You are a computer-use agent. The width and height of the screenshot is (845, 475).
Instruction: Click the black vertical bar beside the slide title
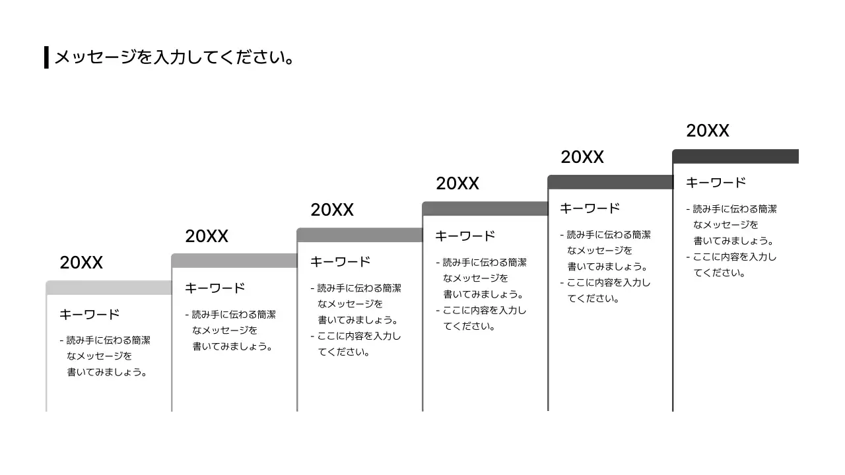(x=46, y=57)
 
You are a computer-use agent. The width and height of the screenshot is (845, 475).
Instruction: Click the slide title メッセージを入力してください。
(x=174, y=57)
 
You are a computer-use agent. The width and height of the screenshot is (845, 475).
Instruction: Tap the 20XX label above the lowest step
(x=81, y=263)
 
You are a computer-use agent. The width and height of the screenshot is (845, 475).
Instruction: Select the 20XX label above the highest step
(x=707, y=131)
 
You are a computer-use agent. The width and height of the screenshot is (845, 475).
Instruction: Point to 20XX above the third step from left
(x=332, y=210)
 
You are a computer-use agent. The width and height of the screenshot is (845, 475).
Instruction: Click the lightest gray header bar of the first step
(x=109, y=288)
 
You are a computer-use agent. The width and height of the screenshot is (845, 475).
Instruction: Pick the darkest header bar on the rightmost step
(x=735, y=156)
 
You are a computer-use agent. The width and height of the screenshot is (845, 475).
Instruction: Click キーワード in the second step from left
(x=215, y=288)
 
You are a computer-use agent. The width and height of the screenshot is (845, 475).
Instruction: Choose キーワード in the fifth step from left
(x=590, y=208)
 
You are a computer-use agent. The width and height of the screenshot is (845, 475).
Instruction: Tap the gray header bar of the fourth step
(x=485, y=208)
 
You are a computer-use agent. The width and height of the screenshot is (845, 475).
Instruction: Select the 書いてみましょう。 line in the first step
(x=106, y=372)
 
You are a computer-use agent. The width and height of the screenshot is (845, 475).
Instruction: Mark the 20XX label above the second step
(x=207, y=236)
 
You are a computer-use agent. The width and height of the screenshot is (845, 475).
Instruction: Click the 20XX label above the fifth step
(x=582, y=157)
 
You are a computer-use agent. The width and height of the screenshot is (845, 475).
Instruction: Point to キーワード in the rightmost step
(x=716, y=183)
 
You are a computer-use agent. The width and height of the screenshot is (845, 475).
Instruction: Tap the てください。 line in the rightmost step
(x=719, y=272)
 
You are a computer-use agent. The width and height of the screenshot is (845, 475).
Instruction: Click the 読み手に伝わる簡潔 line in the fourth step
(x=485, y=263)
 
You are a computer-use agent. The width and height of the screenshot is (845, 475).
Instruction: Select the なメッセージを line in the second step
(x=224, y=330)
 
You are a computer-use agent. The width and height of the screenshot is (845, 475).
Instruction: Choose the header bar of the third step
(x=360, y=235)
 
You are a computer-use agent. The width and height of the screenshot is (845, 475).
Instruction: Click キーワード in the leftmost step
(x=89, y=315)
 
